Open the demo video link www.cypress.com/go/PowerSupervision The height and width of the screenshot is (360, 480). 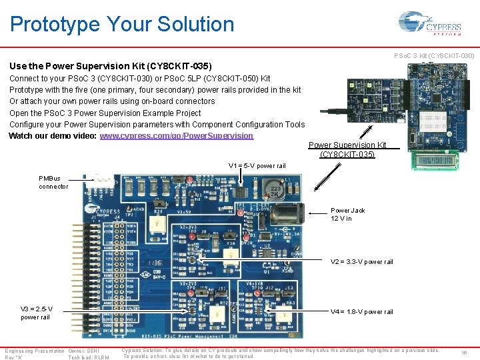pos(176,136)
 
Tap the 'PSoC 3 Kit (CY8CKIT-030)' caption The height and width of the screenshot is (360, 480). pos(434,55)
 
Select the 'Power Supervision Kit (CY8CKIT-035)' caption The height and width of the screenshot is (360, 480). pos(347,150)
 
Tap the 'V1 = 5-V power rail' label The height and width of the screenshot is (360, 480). pos(257,166)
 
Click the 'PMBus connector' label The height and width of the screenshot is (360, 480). pos(53,182)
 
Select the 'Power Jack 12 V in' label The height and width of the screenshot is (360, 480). pos(347,215)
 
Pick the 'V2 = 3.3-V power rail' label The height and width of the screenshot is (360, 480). pos(361,262)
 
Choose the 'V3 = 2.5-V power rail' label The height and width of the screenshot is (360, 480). pos(36,313)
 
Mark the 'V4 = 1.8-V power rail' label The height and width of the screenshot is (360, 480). pos(361,312)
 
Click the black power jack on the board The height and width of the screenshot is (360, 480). pos(289,214)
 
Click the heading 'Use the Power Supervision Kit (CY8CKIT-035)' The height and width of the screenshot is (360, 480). pos(111,67)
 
